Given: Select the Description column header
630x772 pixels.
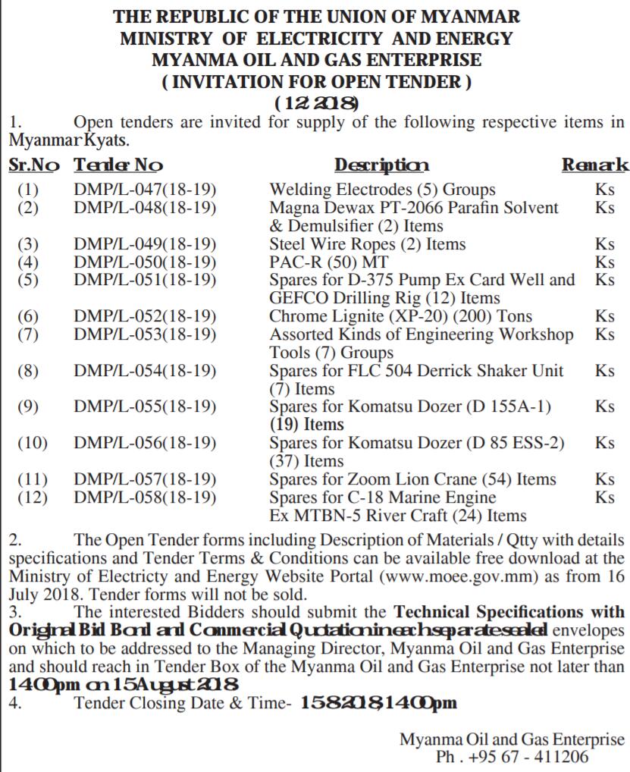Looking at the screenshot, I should coord(382,165).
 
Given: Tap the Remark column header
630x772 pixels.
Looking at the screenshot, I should coord(595,165).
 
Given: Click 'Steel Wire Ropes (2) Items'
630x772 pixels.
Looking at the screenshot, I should coord(368,243).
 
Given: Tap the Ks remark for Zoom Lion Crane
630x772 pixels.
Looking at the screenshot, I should coord(605,479).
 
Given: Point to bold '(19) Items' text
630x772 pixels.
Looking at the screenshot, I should coord(306,424).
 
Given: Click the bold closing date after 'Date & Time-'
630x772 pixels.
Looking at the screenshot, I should coord(378,703).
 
